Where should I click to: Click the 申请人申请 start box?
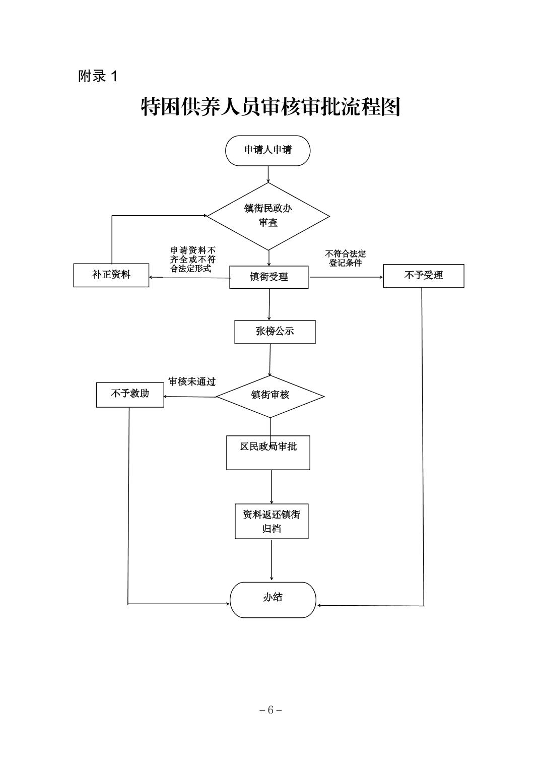[x=267, y=150]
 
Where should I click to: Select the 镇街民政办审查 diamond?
[x=268, y=216]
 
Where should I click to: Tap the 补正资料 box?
[x=111, y=275]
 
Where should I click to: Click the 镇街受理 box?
[x=268, y=277]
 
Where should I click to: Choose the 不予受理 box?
[x=423, y=276]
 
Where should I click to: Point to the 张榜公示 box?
[x=275, y=332]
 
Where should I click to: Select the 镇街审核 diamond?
[x=270, y=396]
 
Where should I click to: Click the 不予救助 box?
[x=130, y=394]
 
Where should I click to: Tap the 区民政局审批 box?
[x=268, y=453]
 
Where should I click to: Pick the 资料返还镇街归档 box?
[x=272, y=521]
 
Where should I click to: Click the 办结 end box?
[x=273, y=599]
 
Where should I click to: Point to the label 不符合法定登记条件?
[x=346, y=258]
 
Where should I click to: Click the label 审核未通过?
[x=192, y=382]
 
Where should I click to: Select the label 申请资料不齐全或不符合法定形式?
[x=193, y=259]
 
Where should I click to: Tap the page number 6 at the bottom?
[x=270, y=710]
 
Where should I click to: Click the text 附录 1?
[x=98, y=76]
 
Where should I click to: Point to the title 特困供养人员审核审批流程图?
[x=270, y=107]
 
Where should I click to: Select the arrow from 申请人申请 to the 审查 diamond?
[x=268, y=174]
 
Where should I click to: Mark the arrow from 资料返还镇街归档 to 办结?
[x=272, y=560]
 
